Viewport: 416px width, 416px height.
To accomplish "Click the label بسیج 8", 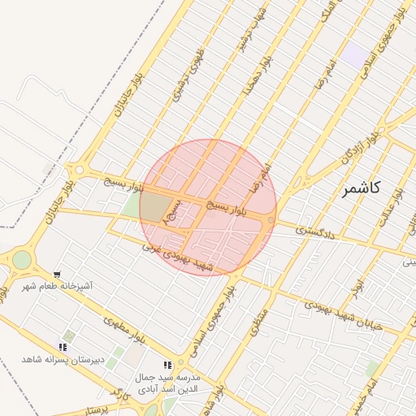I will [172, 214].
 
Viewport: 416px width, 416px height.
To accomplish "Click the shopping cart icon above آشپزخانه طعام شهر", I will [57, 275].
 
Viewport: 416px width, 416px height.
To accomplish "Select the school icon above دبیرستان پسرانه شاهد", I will [63, 347].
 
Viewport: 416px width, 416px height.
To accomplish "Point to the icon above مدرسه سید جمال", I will [167, 366].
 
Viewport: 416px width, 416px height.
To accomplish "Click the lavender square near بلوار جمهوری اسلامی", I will [354, 55].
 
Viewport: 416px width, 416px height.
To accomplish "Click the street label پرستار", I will [102, 408].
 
